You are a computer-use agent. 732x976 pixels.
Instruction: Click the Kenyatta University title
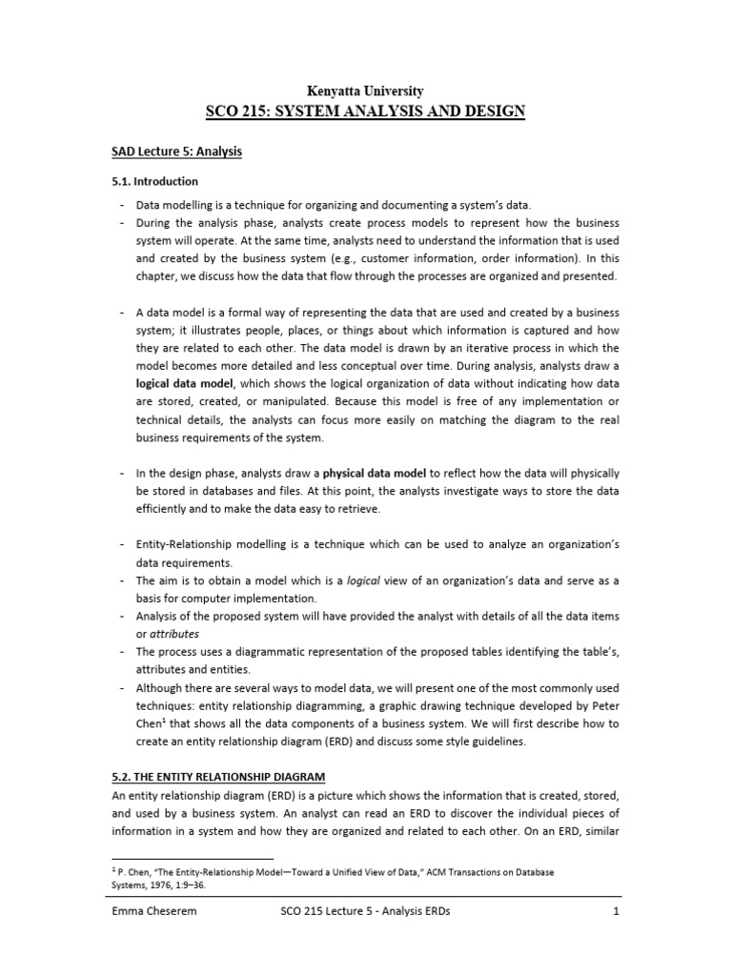365,91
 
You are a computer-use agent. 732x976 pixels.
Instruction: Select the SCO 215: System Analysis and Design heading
365,112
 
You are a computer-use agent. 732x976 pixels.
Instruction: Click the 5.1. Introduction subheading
152,181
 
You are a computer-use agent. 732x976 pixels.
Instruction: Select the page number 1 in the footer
617,911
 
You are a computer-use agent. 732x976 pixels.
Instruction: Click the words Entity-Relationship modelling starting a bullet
200,543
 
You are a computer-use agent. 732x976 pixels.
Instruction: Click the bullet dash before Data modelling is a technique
123,205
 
